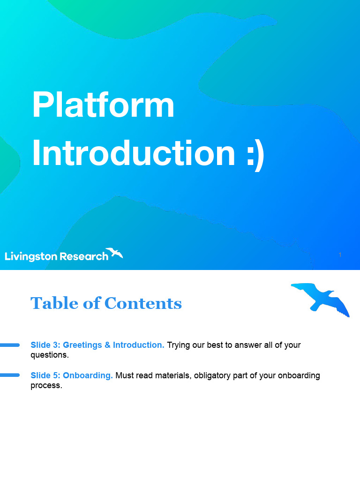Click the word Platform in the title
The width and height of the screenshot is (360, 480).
(x=103, y=105)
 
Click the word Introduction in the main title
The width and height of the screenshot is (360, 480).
(x=133, y=153)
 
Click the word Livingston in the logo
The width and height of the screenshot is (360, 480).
(x=31, y=256)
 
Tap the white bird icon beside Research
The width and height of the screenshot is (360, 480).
(x=114, y=253)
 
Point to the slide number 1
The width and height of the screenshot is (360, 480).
(x=340, y=255)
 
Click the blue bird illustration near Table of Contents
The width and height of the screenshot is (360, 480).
(x=321, y=299)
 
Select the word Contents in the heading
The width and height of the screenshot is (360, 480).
(x=143, y=303)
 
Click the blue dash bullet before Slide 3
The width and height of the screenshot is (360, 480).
(x=9, y=345)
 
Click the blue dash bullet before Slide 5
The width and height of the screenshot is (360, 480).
(x=9, y=375)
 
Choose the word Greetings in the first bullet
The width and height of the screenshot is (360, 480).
(x=82, y=345)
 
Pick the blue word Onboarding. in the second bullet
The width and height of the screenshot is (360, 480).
(x=88, y=375)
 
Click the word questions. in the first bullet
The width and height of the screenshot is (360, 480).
(x=50, y=355)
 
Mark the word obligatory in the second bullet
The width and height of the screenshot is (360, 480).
(x=214, y=375)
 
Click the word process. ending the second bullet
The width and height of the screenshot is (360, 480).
(x=46, y=385)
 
